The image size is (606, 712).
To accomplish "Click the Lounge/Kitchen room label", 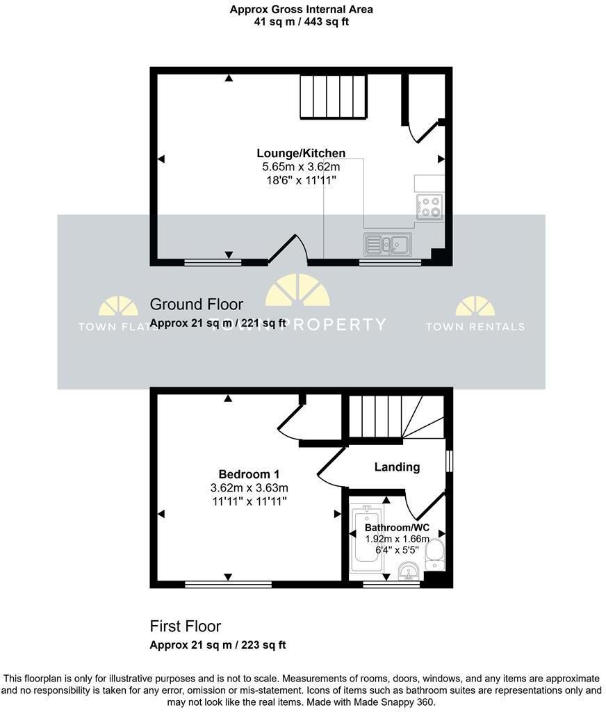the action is pos(301,154).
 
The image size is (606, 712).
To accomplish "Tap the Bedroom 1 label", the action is pos(249,474).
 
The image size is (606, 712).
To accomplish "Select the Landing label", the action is pos(398,467).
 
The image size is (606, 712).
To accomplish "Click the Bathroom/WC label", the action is pos(398,528).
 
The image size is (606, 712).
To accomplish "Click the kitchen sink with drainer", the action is pos(388,244).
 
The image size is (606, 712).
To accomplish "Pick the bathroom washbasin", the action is pos(409,572).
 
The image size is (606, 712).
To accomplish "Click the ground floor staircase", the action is pos(333,97).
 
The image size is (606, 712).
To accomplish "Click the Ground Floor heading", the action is pos(197,305).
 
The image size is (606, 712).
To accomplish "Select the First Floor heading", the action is pos(185,626).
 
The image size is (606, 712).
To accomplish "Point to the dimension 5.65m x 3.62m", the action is pos(301,167).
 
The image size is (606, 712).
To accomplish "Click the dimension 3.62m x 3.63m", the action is pos(249,488).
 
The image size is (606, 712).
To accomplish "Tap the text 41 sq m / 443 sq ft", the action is pos(302,22).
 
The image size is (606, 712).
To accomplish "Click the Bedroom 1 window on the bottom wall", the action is pos(229,584).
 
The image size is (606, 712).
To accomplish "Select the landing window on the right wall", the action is pos(448,461).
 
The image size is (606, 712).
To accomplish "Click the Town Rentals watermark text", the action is pos(475,327).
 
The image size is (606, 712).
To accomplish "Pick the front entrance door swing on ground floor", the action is pos(289,249).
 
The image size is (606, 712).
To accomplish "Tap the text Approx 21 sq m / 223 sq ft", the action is pos(218,645).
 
